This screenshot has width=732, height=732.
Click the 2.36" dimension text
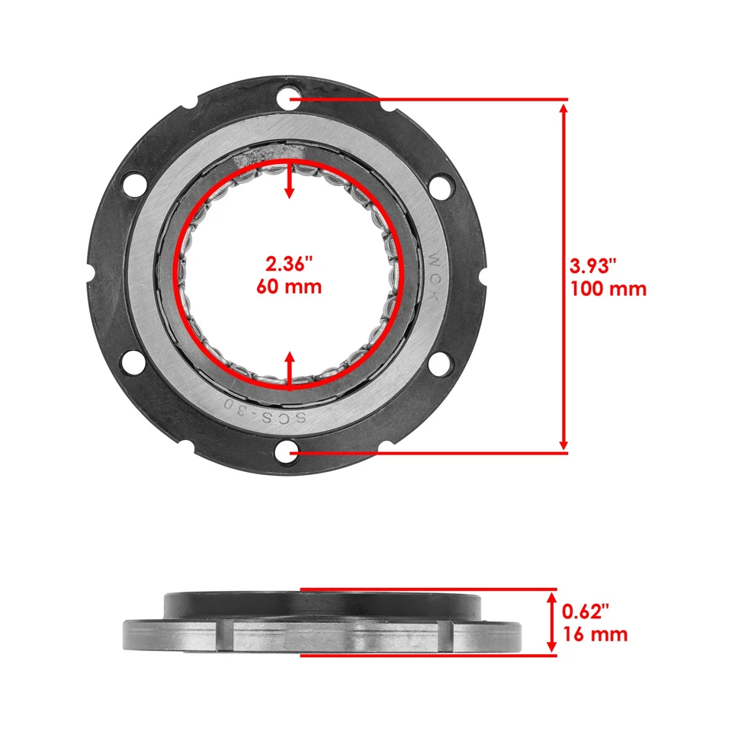tap(289, 265)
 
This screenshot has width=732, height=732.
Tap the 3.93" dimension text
tap(592, 266)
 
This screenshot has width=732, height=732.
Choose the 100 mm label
tap(608, 289)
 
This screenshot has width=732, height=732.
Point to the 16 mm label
tap(595, 634)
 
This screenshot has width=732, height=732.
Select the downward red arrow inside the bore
tap(289, 181)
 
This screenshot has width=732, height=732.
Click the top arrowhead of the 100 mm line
tap(563, 108)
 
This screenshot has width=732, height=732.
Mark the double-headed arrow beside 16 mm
tap(550, 622)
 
